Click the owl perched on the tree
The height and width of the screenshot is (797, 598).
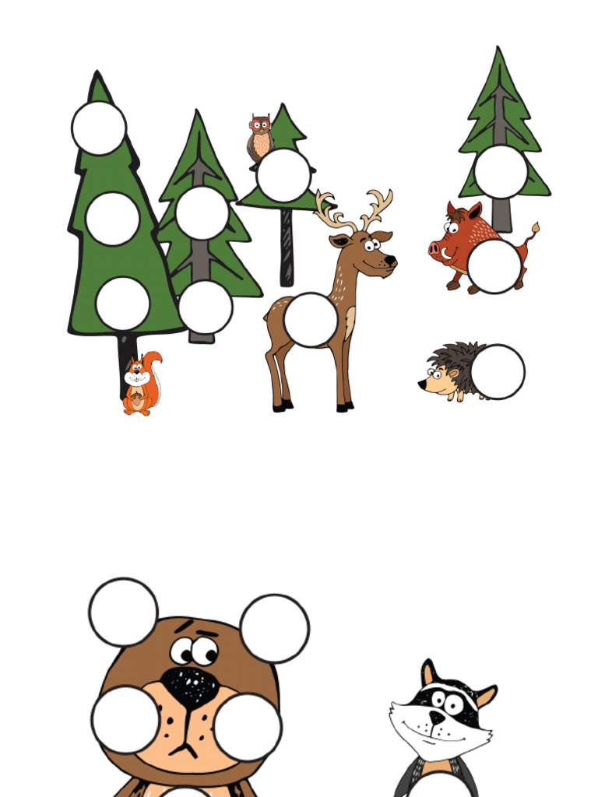click(x=260, y=137)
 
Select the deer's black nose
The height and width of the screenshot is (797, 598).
click(x=389, y=260)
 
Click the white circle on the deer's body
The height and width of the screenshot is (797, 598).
click(x=311, y=319)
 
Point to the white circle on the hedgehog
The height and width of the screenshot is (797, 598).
click(x=498, y=371)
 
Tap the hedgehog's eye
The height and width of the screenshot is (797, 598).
click(x=435, y=375)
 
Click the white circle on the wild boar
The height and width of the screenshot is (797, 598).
click(x=494, y=266)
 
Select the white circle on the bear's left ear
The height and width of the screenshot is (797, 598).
click(x=123, y=612)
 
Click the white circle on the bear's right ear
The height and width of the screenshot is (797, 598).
click(x=274, y=628)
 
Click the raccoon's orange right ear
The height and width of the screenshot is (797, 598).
click(x=486, y=694)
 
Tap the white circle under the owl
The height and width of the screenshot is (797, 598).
click(x=283, y=175)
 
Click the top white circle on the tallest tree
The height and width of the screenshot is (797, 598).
click(x=99, y=128)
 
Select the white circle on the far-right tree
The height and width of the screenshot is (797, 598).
click(x=501, y=171)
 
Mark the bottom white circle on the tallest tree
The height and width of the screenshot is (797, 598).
click(x=122, y=303)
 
